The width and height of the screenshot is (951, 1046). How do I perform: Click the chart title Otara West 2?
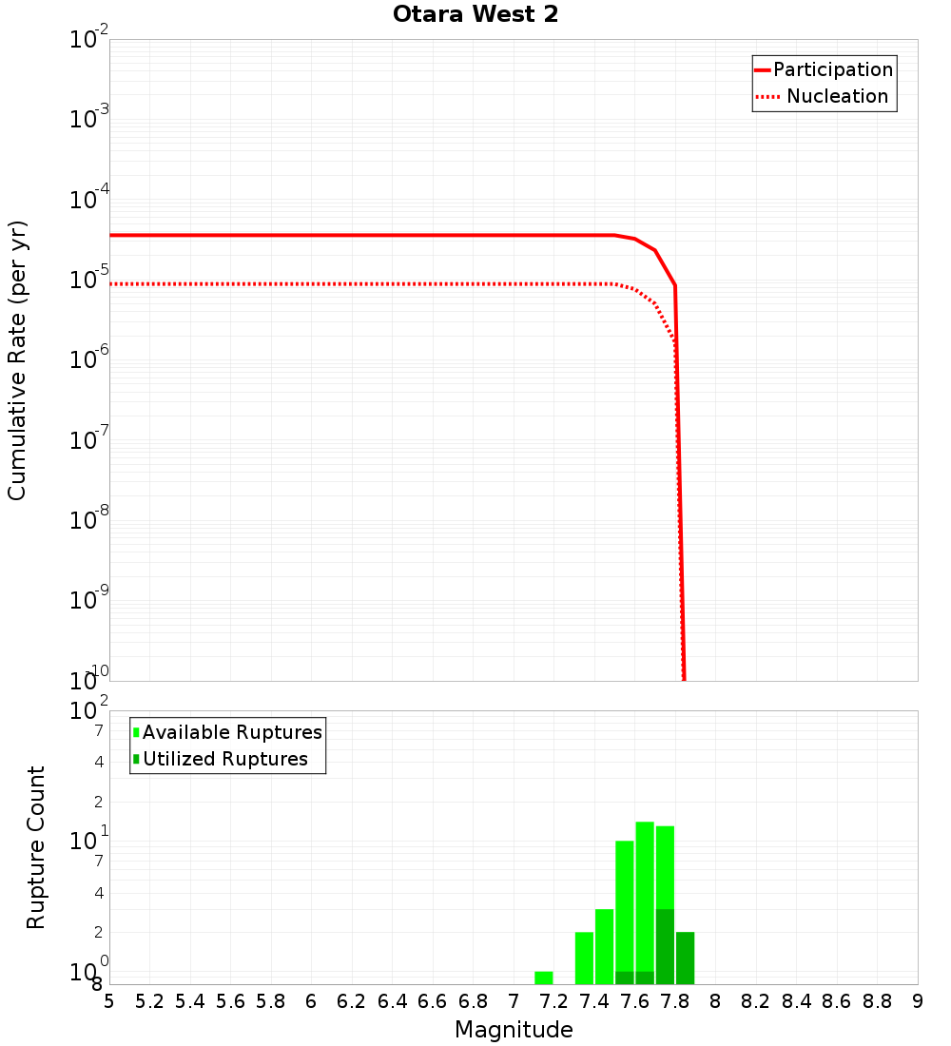(x=475, y=15)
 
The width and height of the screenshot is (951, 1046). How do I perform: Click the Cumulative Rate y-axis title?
(x=17, y=360)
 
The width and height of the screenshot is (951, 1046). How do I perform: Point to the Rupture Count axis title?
(x=36, y=847)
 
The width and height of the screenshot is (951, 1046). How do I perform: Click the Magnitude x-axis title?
(x=514, y=1030)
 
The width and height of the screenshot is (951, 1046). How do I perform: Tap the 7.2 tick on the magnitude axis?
(x=553, y=1001)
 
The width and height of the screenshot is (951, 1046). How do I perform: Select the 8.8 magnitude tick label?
(x=877, y=1001)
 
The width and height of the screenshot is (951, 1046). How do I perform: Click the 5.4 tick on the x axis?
(x=190, y=1001)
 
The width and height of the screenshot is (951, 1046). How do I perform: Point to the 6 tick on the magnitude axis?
(x=311, y=1001)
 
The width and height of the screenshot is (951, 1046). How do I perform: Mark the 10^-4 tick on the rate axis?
(x=89, y=201)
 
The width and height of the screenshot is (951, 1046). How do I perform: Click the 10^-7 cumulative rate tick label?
(x=89, y=441)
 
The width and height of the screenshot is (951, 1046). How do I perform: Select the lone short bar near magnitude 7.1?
(x=543, y=978)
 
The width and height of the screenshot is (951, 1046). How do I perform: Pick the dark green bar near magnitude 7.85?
(x=685, y=958)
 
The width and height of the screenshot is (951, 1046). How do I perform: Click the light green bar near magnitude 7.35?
(x=584, y=958)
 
